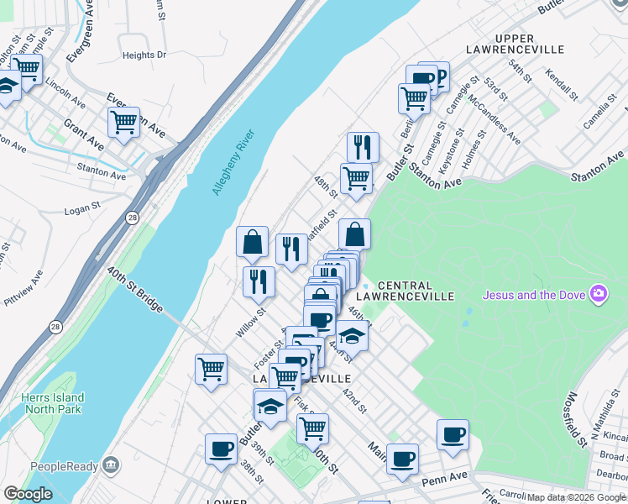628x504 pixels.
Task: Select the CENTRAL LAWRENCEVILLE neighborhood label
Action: pyautogui.click(x=404, y=291)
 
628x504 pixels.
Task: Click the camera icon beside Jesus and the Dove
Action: pyautogui.click(x=599, y=294)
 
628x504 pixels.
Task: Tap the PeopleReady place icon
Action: pyautogui.click(x=110, y=466)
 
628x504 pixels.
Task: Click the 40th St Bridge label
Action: pyautogui.click(x=134, y=289)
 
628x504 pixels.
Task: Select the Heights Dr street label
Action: pyautogui.click(x=144, y=55)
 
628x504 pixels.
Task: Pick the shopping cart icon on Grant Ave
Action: pyautogui.click(x=123, y=123)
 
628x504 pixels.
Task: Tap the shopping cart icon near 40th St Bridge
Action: pyautogui.click(x=211, y=369)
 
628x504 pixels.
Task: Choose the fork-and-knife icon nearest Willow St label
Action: pyautogui.click(x=259, y=281)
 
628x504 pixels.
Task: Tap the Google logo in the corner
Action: pyautogui.click(x=28, y=494)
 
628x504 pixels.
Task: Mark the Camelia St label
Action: pyautogui.click(x=601, y=115)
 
